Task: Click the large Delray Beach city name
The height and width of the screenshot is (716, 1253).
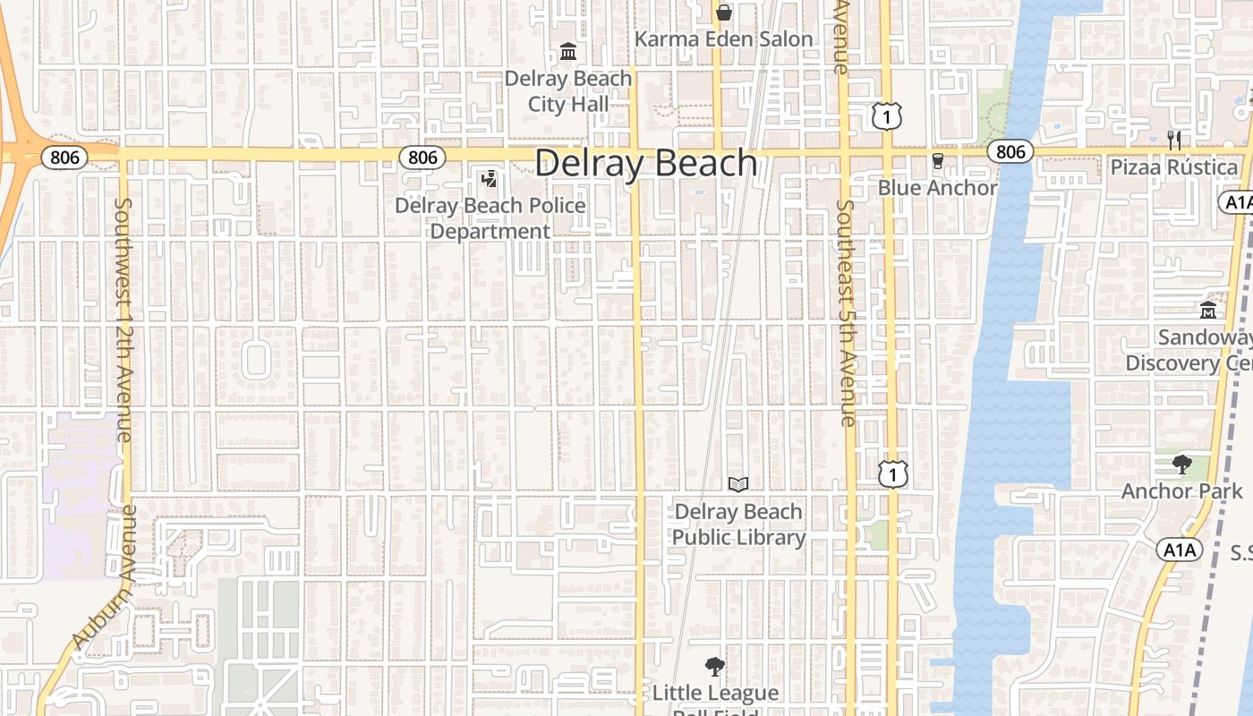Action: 646,164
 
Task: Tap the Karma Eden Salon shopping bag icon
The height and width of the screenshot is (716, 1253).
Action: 724,13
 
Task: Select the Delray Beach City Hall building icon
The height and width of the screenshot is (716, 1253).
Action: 568,52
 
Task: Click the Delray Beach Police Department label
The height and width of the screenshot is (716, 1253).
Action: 490,218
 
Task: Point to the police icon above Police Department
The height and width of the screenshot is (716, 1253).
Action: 489,179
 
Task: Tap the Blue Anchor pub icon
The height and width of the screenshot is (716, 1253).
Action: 937,161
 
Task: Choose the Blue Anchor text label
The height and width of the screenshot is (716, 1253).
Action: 937,188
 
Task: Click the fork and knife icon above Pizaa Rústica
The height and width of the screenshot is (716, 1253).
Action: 1174,140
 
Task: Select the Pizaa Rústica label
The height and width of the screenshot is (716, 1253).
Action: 1174,167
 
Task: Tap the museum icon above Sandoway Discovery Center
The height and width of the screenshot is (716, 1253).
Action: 1208,311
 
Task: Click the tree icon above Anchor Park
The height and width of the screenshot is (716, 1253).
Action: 1181,465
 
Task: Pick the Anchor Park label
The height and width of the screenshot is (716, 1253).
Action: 1181,491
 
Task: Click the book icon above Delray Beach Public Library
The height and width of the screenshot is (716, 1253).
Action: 738,484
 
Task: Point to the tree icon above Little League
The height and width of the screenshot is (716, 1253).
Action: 714,667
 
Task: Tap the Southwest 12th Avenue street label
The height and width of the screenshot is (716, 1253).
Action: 124,320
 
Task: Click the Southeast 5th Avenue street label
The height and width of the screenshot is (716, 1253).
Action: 846,312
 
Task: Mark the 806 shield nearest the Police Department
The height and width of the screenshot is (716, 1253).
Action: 422,158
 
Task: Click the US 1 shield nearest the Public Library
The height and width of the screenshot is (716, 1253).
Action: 892,473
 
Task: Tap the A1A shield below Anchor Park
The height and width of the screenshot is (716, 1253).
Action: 1179,550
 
